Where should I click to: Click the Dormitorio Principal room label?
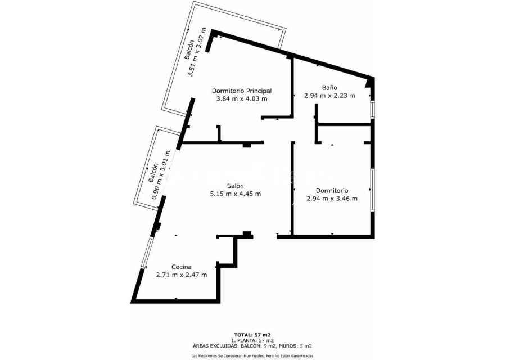(x=241, y=91)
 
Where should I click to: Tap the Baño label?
(x=329, y=88)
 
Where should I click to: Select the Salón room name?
(x=235, y=186)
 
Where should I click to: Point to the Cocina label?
(x=182, y=267)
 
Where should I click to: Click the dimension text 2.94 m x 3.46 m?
(x=332, y=199)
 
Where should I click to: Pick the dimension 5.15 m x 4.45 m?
(x=235, y=193)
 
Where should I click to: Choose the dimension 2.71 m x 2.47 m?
(x=182, y=275)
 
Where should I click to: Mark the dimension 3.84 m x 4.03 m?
(x=241, y=99)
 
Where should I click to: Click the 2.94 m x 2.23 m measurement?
(x=329, y=96)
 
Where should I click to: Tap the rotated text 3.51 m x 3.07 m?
(x=197, y=52)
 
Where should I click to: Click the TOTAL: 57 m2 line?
(x=252, y=335)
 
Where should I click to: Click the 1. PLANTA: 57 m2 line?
(x=252, y=340)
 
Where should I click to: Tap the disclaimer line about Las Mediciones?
(x=252, y=355)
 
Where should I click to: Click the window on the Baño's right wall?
(x=372, y=110)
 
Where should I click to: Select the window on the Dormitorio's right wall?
(x=372, y=190)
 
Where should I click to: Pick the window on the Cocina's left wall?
(x=148, y=253)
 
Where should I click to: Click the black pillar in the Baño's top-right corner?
(x=369, y=83)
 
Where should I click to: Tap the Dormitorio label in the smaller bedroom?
(x=332, y=191)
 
